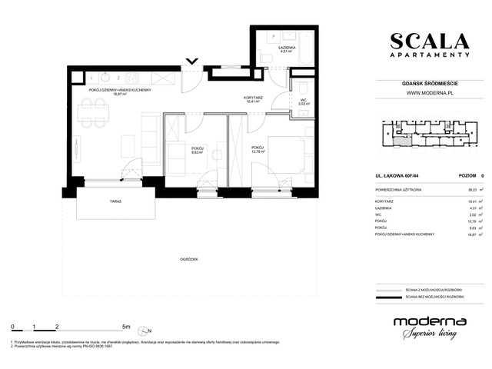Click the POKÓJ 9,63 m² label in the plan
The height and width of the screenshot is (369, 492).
pyautogui.click(x=197, y=151)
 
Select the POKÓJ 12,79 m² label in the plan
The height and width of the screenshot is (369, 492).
pyautogui.click(x=258, y=148)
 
